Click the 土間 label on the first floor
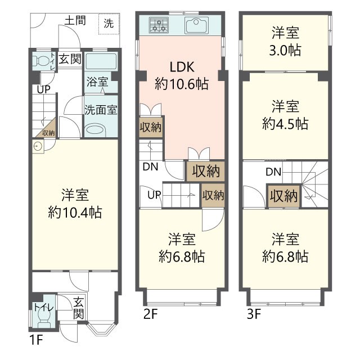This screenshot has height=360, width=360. (75, 20)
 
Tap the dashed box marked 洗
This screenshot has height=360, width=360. (109, 24)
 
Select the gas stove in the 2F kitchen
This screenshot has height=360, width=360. (159, 25)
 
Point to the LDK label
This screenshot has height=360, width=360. (182, 67)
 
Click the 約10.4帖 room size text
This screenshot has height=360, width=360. (75, 212)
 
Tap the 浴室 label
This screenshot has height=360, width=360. (97, 82)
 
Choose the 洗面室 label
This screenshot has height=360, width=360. (101, 110)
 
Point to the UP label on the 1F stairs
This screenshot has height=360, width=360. (44, 89)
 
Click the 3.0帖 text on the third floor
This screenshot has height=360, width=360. (285, 50)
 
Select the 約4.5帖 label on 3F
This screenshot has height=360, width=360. (285, 124)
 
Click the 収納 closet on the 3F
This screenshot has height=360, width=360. (284, 196)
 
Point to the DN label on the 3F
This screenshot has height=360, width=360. (273, 172)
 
